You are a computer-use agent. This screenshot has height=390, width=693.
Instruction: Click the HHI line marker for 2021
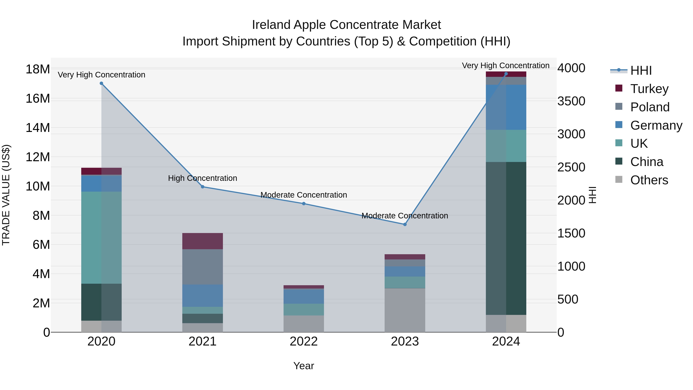tap(203, 187)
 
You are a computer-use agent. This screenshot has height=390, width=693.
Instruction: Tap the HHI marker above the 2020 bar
tap(101, 83)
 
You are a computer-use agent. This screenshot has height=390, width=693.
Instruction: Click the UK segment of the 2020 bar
tap(101, 237)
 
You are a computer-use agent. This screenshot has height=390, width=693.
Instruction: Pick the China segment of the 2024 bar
tap(506, 238)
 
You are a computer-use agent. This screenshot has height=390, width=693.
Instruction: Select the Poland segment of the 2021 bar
tap(203, 267)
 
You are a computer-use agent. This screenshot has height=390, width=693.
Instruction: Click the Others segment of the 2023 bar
tap(405, 310)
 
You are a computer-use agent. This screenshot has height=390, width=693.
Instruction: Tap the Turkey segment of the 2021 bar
tap(203, 241)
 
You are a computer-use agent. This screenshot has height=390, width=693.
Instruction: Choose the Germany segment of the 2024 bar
tap(506, 107)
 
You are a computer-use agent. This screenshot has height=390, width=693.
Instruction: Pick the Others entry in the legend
tap(649, 180)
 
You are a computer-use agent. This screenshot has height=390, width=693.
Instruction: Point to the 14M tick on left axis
tap(38, 128)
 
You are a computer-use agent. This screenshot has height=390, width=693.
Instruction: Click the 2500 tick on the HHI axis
tap(571, 167)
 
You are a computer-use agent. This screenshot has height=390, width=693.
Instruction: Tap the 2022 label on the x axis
tap(304, 341)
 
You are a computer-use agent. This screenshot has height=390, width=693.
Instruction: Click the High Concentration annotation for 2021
tap(203, 178)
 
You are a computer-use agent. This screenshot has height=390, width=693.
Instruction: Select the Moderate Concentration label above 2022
tap(304, 195)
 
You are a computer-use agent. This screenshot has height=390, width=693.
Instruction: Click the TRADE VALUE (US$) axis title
tap(6, 195)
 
